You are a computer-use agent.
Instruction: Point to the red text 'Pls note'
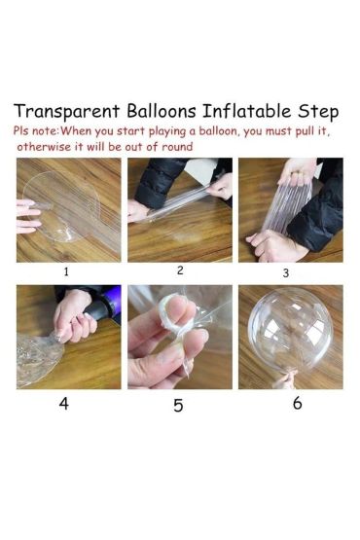(x=34, y=130)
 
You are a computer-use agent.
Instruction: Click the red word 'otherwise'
(x=43, y=146)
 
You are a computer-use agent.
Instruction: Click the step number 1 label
(x=66, y=272)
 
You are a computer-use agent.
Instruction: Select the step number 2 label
(x=179, y=270)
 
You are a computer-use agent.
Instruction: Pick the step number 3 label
(x=285, y=273)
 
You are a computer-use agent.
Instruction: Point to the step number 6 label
(x=297, y=403)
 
